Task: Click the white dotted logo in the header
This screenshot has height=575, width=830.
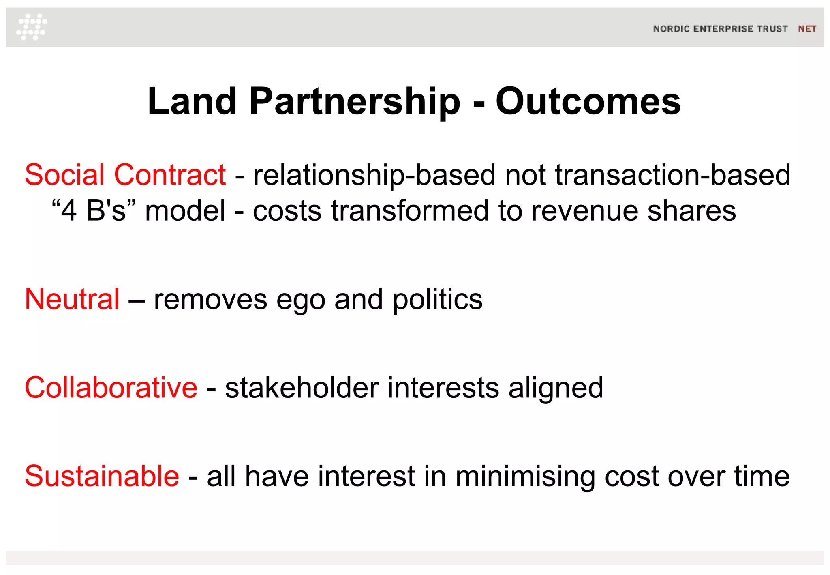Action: tap(32, 27)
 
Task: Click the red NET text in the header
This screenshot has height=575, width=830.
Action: tap(807, 29)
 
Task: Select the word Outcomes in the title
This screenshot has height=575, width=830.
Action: tap(588, 101)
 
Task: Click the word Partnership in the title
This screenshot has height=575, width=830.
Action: tap(355, 101)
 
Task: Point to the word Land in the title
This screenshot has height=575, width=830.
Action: tap(192, 101)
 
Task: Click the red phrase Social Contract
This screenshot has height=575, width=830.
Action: tap(125, 175)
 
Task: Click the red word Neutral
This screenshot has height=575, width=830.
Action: tap(72, 299)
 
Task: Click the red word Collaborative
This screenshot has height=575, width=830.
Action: tap(111, 388)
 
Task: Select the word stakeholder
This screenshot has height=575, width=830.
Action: tap(302, 388)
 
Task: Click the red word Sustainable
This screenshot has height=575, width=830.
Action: tap(102, 476)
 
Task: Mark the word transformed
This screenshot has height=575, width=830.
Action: tap(410, 211)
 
